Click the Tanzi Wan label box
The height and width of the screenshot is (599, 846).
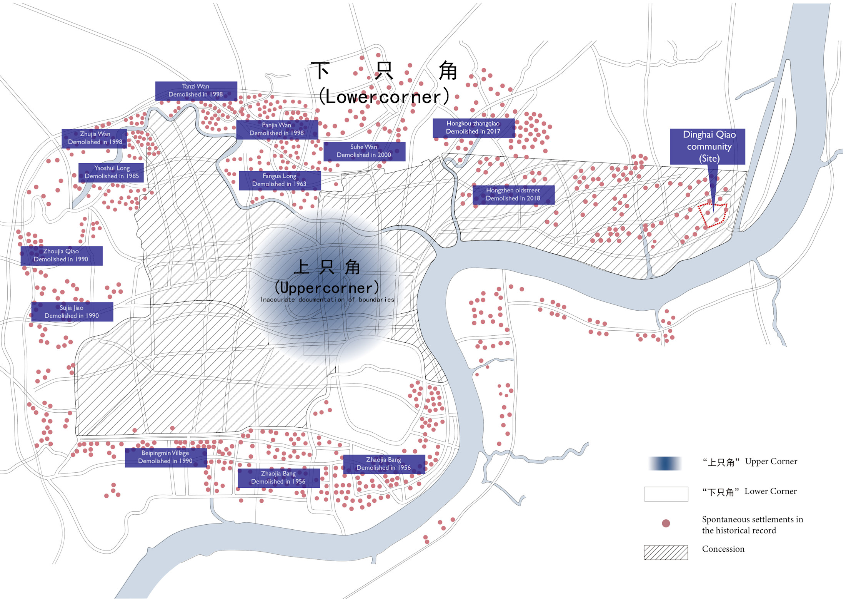coord(196,91)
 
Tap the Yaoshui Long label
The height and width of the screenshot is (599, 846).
coord(111,172)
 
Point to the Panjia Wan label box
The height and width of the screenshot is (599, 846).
coord(277,129)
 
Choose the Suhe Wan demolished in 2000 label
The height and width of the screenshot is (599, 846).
coord(364,151)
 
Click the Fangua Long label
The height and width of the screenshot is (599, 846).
coord(280,181)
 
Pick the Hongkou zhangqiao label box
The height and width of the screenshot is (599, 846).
coord(473,128)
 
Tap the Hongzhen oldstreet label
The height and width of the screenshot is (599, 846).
coord(513,195)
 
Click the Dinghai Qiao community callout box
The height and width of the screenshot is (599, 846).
coord(708,147)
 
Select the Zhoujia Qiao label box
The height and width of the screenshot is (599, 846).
coord(62,256)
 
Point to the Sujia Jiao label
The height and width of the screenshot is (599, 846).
coord(72,312)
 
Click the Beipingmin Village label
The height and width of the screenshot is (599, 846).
coord(166,457)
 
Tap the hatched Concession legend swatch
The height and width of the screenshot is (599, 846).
coord(666,552)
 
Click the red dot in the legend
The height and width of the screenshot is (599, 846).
coord(666,523)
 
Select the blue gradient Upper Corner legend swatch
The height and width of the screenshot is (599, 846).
coord(666,463)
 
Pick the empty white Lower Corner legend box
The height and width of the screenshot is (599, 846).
coord(666,494)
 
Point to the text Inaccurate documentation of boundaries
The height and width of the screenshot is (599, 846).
coord(327,300)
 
